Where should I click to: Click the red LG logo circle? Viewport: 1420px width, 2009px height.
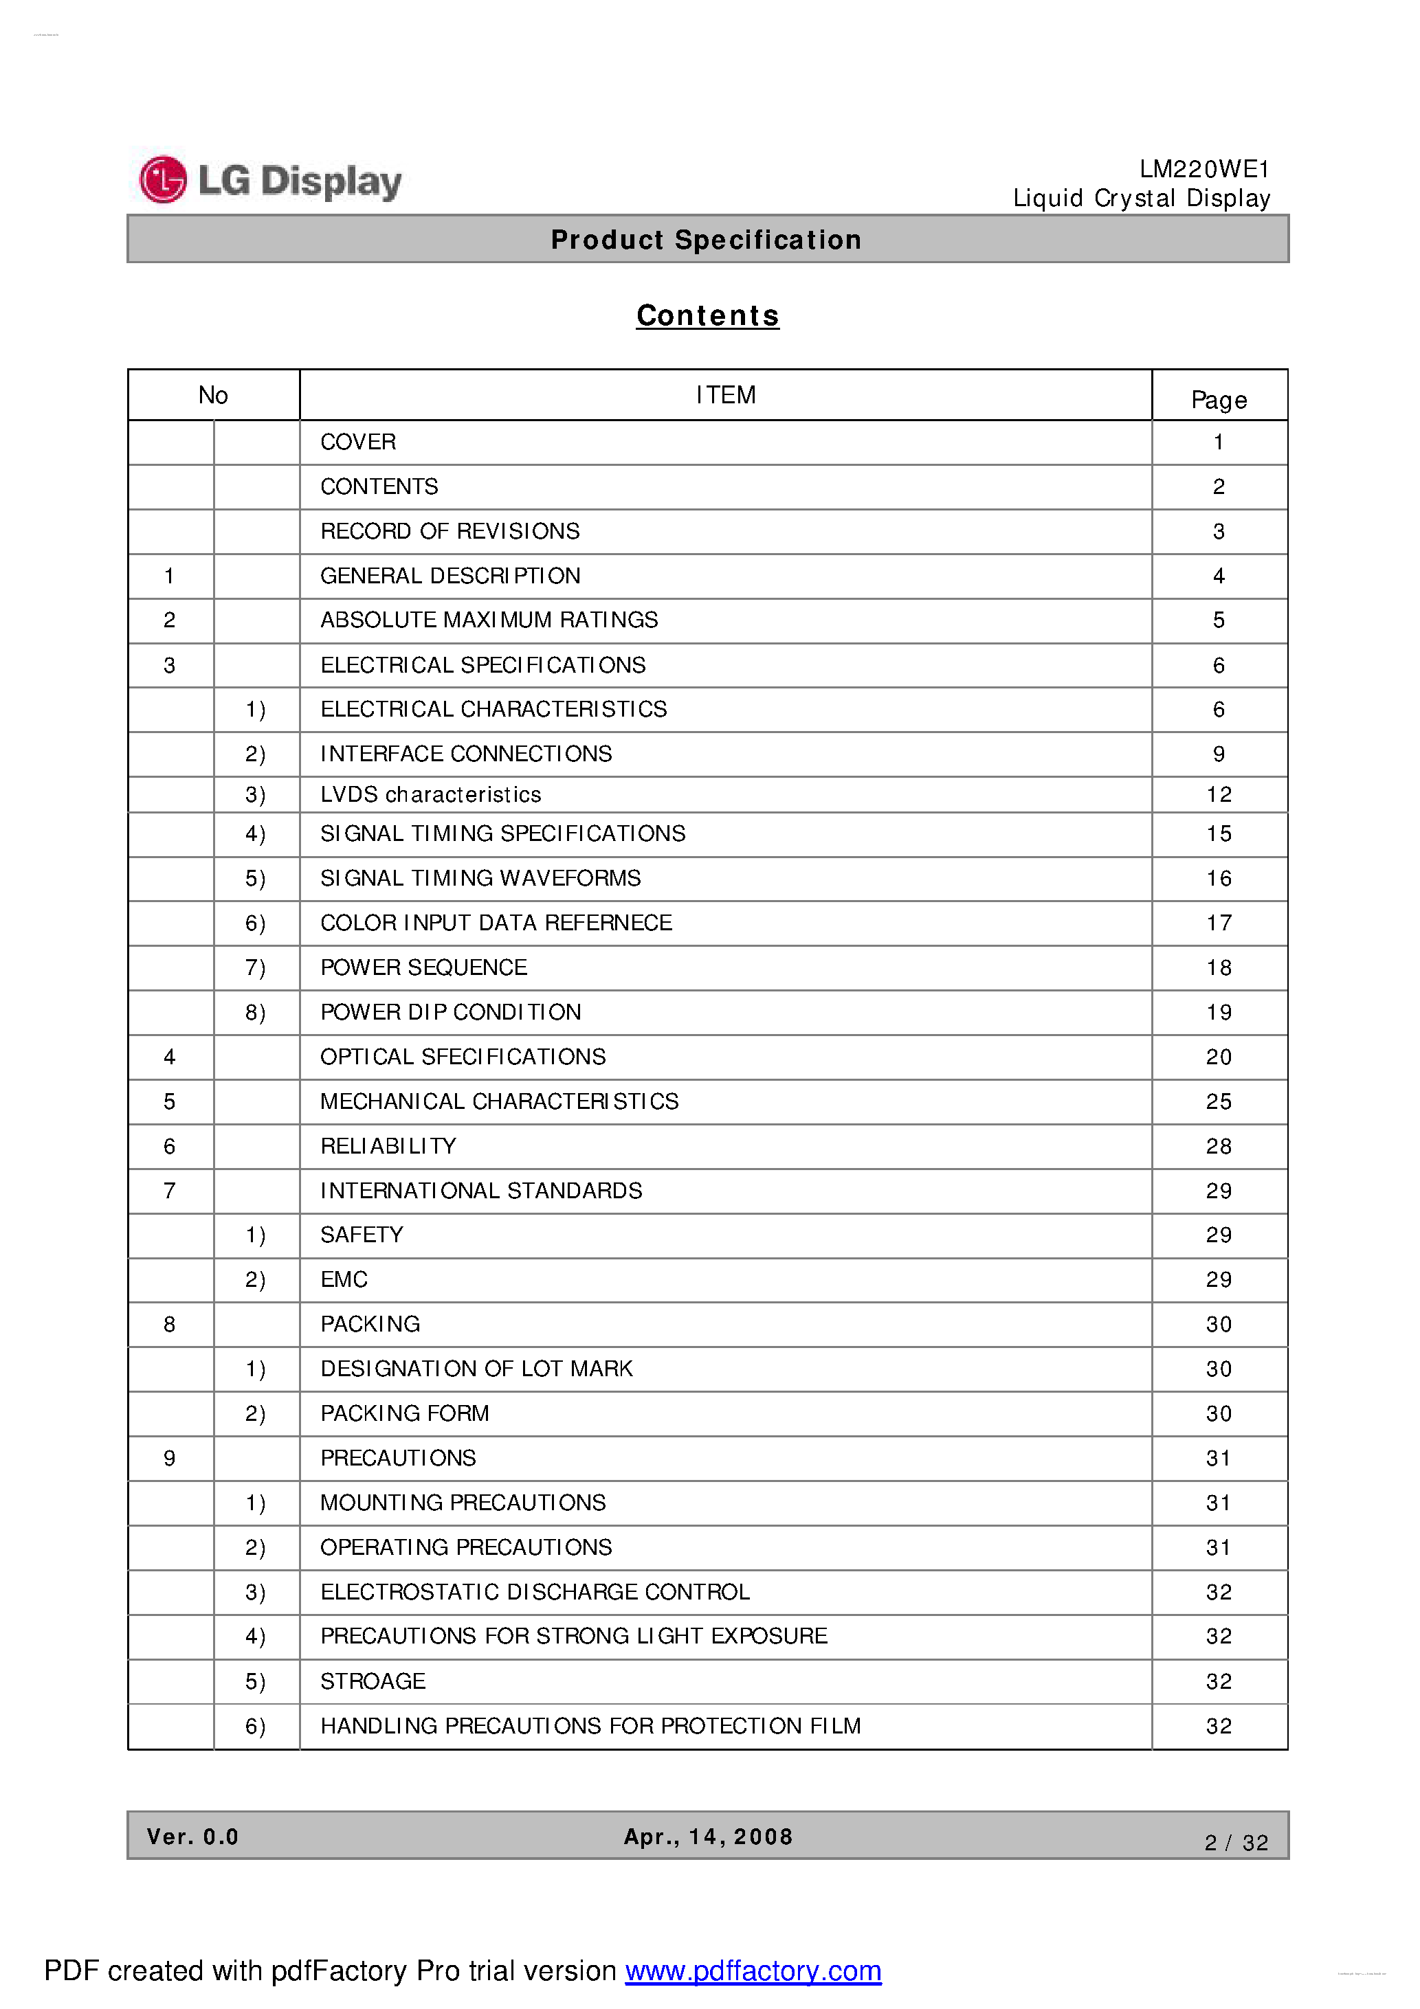pos(163,179)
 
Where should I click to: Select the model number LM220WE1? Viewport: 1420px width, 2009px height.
pos(1203,169)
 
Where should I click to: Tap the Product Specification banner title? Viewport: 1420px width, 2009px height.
pos(706,240)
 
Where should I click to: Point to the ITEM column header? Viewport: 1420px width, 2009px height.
pos(725,396)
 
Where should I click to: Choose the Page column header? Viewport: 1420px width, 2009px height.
pos(1219,400)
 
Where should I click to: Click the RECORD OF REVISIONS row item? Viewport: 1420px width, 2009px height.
pos(450,531)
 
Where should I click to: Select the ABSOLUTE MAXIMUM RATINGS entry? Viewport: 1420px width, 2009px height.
pos(489,620)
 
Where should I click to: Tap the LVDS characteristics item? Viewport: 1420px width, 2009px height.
pos(431,794)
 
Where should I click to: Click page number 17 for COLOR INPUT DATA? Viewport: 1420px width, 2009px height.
pos(1219,923)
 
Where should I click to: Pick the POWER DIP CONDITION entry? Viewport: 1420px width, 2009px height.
pos(450,1012)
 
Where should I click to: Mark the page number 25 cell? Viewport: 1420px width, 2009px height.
pos(1219,1101)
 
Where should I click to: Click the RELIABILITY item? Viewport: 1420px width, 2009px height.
pos(388,1146)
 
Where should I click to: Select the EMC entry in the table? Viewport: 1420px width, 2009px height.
pos(344,1280)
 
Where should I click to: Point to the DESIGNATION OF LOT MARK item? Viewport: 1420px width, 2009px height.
pos(476,1369)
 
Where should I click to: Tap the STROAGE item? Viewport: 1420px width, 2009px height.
pos(373,1682)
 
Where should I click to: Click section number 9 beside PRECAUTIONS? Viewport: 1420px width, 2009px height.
pos(169,1459)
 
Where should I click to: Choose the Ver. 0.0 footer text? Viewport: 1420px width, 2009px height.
pos(192,1837)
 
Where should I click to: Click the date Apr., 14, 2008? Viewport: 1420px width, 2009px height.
pos(707,1837)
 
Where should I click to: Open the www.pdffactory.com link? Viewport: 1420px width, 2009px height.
pos(753,1971)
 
